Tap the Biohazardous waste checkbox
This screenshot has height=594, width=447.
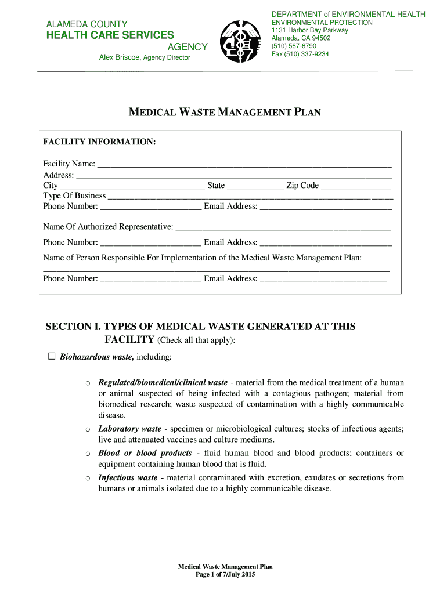(x=52, y=356)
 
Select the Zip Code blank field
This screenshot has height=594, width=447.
(x=356, y=186)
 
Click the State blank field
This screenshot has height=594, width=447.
(x=255, y=186)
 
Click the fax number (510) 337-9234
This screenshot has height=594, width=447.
(x=300, y=54)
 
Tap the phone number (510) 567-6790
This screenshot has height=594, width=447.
(x=294, y=46)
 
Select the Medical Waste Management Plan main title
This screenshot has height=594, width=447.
(x=224, y=113)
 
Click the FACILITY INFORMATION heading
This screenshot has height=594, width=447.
(x=99, y=142)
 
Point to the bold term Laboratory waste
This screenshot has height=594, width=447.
(x=129, y=429)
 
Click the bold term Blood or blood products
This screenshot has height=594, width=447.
(x=145, y=453)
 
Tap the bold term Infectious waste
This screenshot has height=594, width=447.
(x=128, y=477)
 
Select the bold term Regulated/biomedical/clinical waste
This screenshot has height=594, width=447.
(x=163, y=383)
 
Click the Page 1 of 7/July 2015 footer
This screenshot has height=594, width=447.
(x=225, y=574)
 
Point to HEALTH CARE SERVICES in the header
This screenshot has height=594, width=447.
(x=110, y=35)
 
